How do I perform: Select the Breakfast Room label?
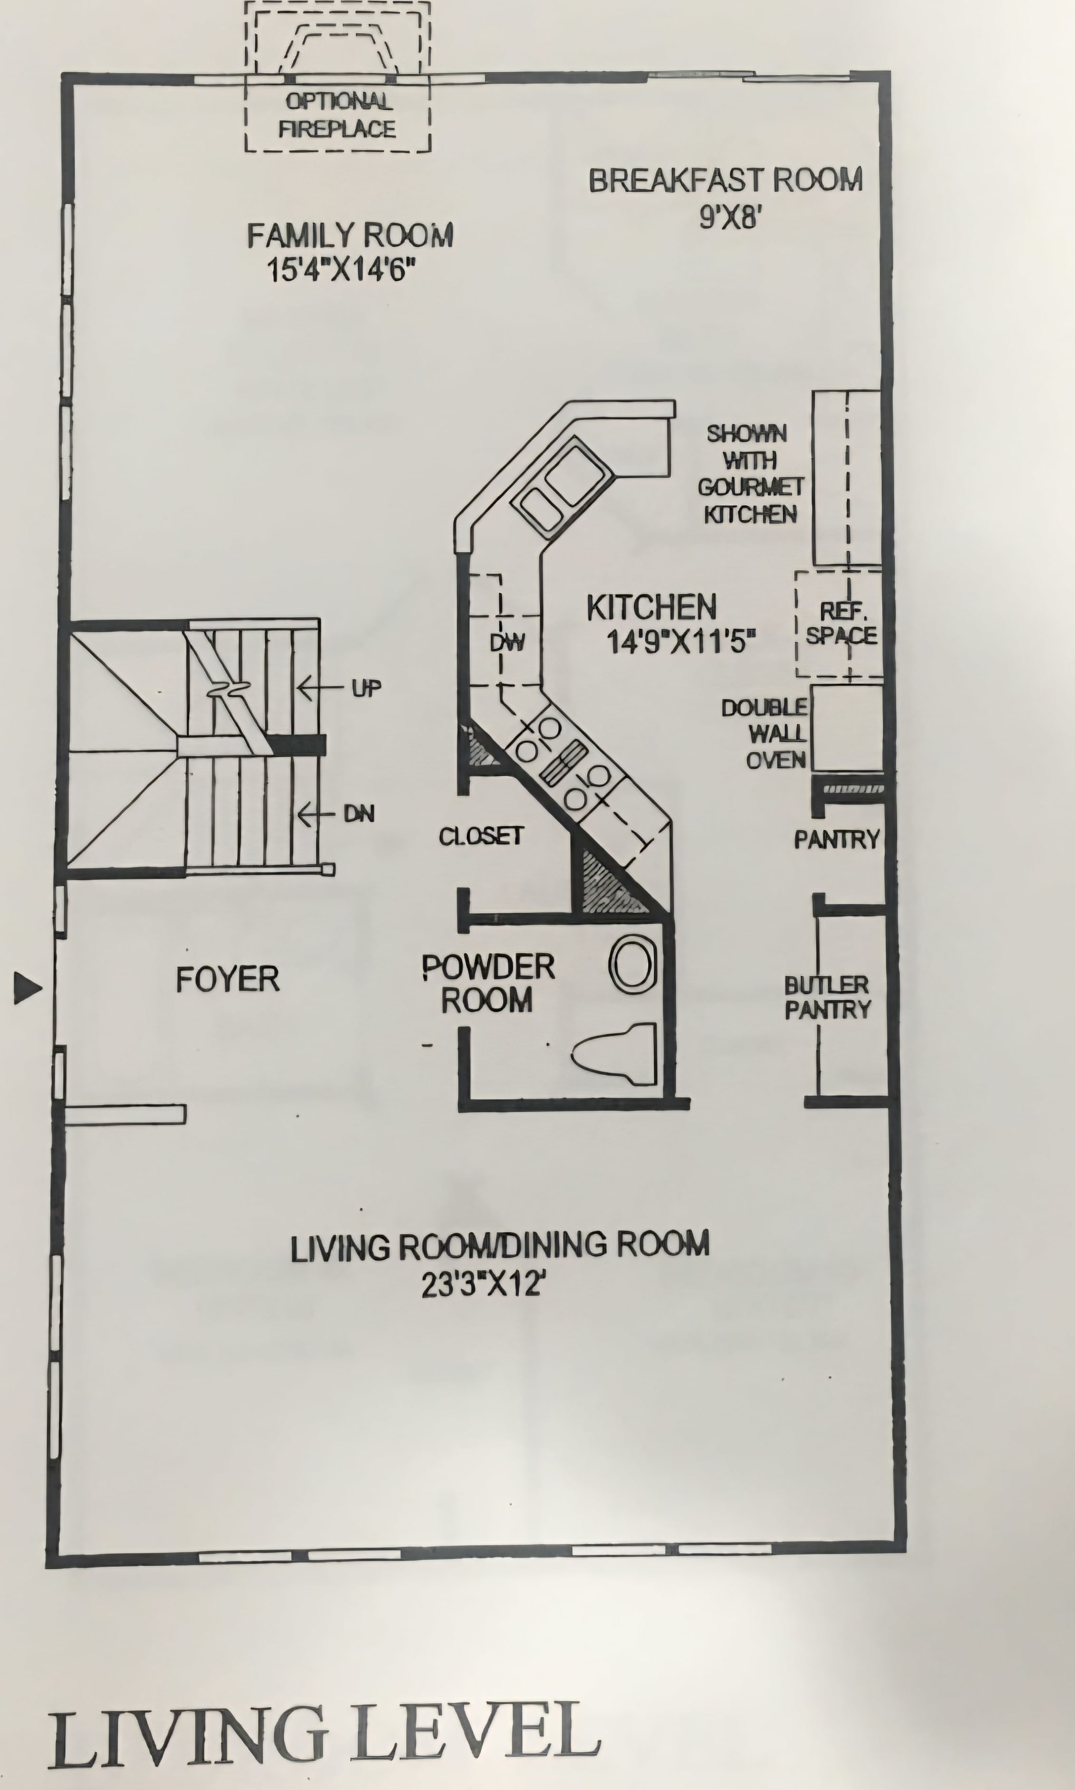pos(726,180)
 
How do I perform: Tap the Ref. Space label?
pos(842,623)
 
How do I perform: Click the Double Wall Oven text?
pos(764,733)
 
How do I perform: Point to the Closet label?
pos(481,836)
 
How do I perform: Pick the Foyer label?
pos(227,979)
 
